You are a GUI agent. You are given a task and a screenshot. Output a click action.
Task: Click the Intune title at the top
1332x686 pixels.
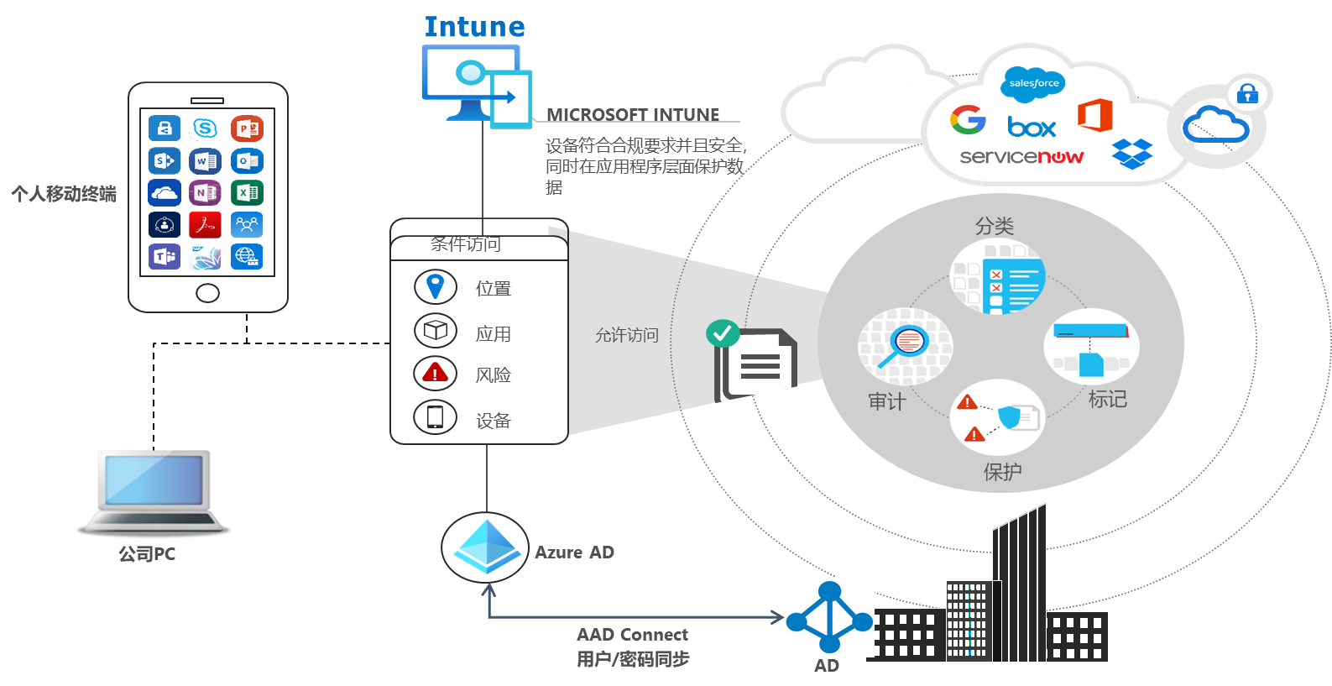474,27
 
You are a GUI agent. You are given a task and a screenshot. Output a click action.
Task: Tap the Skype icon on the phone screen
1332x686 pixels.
205,128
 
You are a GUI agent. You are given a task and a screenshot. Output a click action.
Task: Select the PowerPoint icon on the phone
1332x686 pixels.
247,128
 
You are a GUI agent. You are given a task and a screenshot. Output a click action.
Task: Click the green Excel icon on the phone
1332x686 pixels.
247,192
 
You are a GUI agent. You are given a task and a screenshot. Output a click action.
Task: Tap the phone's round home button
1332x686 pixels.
207,293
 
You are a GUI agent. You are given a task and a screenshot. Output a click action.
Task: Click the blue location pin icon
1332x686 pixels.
435,286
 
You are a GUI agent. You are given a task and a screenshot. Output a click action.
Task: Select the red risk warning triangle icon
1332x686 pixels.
435,373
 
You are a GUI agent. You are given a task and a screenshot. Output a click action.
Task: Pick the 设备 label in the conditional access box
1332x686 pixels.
493,421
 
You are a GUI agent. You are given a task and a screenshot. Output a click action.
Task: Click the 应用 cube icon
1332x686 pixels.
435,330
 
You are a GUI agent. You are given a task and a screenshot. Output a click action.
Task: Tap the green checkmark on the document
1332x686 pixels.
723,333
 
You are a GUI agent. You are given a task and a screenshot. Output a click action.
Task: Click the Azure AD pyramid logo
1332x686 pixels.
485,547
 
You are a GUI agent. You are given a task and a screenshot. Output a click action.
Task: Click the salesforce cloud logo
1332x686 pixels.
1033,83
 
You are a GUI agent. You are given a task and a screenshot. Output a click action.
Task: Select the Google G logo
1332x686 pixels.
968,120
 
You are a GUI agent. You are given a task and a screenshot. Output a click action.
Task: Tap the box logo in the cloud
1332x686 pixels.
1032,128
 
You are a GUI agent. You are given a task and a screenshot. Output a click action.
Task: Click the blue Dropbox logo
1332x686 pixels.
1132,154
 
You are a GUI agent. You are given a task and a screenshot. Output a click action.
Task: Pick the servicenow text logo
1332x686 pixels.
1021,157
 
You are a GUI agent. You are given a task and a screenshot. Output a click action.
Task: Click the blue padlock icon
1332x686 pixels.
1247,93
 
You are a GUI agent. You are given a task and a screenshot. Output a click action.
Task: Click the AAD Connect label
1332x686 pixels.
632,635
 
